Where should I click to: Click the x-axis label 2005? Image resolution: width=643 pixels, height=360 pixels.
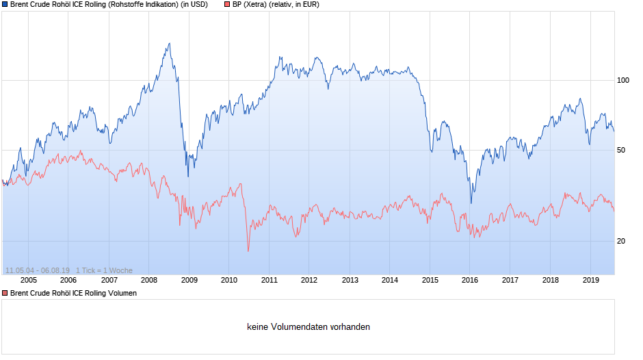click(x=29, y=279)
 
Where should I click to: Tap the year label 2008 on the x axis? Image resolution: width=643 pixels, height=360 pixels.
click(x=149, y=279)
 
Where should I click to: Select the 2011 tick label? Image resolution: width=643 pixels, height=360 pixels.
click(x=270, y=279)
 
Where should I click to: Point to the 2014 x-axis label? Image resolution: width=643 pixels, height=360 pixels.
click(x=390, y=279)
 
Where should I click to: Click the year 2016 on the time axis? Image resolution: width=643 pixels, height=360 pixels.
click(x=470, y=279)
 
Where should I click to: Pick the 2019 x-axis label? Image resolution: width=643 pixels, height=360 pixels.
click(x=590, y=279)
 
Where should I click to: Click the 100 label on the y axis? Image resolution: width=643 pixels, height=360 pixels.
click(x=622, y=80)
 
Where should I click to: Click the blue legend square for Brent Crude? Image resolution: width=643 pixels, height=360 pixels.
click(x=5, y=4)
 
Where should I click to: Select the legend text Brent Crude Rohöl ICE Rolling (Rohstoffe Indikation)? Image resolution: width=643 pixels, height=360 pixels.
click(x=94, y=4)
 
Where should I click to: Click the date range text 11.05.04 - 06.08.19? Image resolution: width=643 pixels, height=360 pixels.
click(x=37, y=270)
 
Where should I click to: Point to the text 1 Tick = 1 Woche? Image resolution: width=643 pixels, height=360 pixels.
click(x=104, y=270)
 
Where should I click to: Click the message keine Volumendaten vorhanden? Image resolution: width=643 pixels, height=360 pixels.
click(x=309, y=327)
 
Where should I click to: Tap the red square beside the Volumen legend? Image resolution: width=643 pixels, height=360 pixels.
click(x=5, y=293)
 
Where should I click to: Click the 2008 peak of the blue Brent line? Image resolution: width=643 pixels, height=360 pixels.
click(x=169, y=44)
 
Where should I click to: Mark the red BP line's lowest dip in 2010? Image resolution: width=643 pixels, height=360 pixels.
click(x=248, y=251)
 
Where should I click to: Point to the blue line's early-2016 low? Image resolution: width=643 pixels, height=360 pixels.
click(x=471, y=203)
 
